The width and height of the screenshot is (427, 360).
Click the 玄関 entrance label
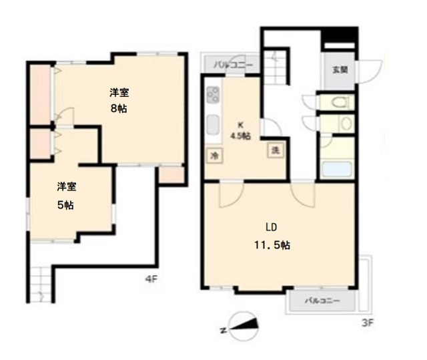point(340,69)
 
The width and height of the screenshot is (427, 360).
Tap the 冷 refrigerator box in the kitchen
point(215,156)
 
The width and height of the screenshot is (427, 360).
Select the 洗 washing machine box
point(276,150)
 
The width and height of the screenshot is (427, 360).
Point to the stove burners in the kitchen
point(213,95)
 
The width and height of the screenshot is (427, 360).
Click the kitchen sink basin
point(213,125)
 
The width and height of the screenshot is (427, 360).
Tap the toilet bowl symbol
point(340,102)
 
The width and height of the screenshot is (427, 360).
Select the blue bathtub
point(336,169)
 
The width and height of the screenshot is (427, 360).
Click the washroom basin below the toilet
point(346,124)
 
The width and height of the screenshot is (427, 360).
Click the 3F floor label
point(368,323)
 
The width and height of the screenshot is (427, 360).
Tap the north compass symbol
point(243,327)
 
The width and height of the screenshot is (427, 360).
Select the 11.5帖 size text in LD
point(272,245)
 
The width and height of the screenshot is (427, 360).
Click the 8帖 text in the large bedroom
point(119,109)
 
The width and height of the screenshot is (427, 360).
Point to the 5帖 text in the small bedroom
point(65,205)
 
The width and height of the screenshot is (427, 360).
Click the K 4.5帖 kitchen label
point(240,131)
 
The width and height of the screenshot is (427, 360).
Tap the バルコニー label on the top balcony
point(234,65)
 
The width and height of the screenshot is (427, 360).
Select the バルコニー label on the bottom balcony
point(322,301)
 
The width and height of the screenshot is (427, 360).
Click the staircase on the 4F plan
point(41,285)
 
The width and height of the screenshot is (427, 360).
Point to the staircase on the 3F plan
point(276,67)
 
